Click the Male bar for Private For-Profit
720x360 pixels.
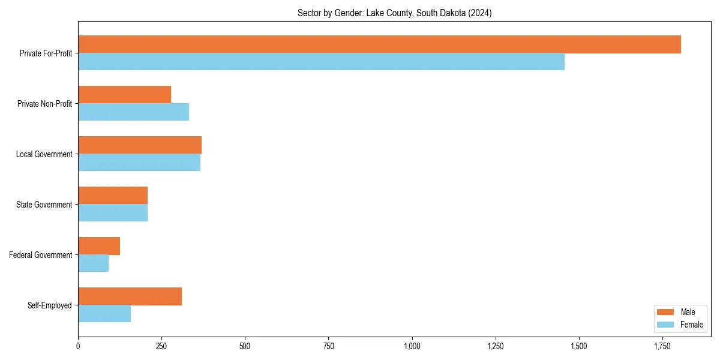pyautogui.click(x=379, y=44)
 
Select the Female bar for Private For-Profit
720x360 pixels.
pyautogui.click(x=321, y=62)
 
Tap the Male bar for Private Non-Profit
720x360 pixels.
pyautogui.click(x=124, y=95)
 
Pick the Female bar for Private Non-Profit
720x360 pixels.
pyautogui.click(x=133, y=112)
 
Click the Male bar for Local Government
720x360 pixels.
pyautogui.click(x=140, y=145)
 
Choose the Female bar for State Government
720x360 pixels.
pyautogui.click(x=113, y=213)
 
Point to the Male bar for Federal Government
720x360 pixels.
pyautogui.click(x=99, y=246)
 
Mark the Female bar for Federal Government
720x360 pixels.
pyautogui.click(x=93, y=263)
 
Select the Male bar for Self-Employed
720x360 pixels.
pyautogui.click(x=130, y=296)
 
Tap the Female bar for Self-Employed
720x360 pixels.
pyautogui.click(x=104, y=314)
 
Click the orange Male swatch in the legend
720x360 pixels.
pyautogui.click(x=666, y=312)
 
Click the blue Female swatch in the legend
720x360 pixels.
pyautogui.click(x=666, y=325)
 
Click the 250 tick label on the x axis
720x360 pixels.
pyautogui.click(x=161, y=347)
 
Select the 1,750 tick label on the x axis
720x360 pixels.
pyautogui.click(x=662, y=347)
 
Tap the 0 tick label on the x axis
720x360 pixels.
pyautogui.click(x=78, y=347)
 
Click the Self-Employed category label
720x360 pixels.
pyautogui.click(x=50, y=305)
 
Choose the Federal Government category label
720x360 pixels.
pyautogui.click(x=41, y=255)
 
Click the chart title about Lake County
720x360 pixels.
pyautogui.click(x=394, y=13)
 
